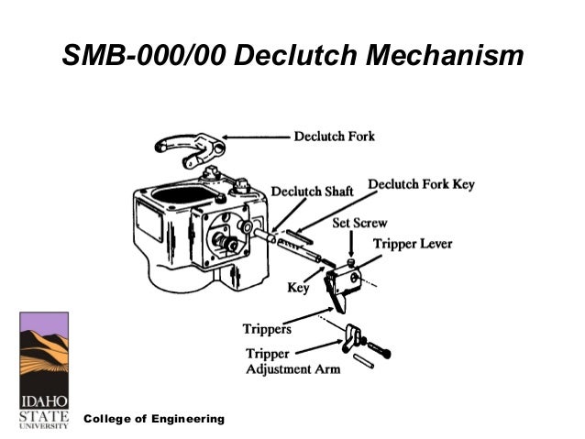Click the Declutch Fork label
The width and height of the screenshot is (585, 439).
tap(334, 137)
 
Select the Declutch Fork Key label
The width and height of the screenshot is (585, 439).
tap(421, 184)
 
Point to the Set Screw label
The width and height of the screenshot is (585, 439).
tap(359, 223)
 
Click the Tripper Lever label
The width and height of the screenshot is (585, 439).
tap(410, 243)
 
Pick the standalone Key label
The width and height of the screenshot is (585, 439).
tap(298, 287)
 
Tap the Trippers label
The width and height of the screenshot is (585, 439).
tap(268, 327)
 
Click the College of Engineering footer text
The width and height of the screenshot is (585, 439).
tap(154, 418)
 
